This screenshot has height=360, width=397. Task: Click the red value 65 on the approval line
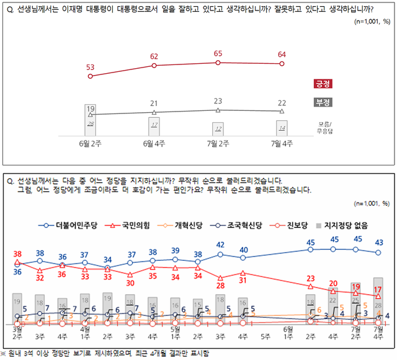[x=218, y=54]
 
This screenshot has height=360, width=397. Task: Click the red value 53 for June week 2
[x=91, y=67]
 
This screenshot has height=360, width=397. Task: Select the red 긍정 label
[x=323, y=83]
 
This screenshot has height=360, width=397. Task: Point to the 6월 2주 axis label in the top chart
[x=91, y=144]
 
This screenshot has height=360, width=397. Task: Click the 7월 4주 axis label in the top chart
[x=282, y=144]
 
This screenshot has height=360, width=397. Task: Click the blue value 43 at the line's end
[x=379, y=242]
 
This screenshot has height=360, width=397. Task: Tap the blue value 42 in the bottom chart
[x=220, y=245]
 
